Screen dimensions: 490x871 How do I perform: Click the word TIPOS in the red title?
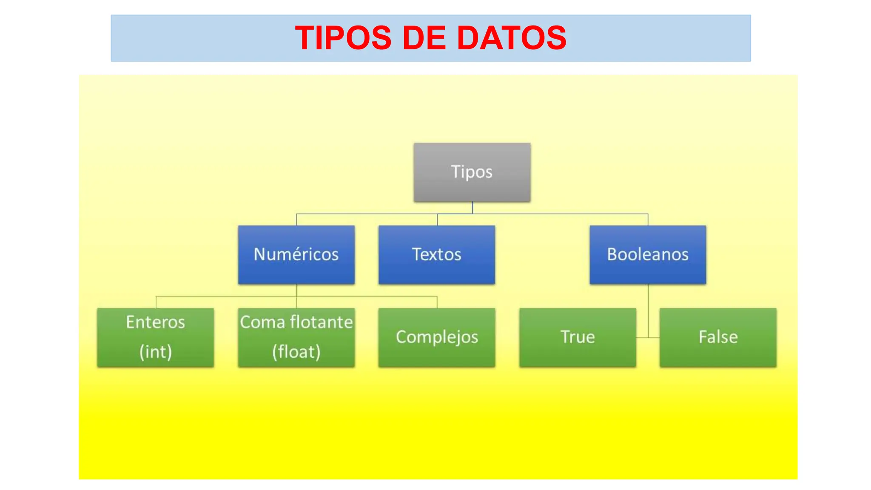[x=343, y=38]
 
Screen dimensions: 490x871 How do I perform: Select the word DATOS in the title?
[x=511, y=38]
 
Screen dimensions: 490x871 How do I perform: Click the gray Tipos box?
[x=472, y=172]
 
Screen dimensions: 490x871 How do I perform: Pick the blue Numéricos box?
[x=296, y=254]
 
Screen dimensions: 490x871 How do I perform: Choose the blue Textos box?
[x=436, y=254]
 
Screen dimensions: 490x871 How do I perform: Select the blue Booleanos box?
[x=647, y=254]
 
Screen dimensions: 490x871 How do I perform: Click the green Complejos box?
[x=436, y=337]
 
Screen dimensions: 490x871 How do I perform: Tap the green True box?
[x=577, y=337]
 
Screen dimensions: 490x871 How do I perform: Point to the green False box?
[x=718, y=337]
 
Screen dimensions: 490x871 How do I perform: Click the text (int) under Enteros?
[x=156, y=352]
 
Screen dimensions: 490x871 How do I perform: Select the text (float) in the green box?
[x=296, y=352]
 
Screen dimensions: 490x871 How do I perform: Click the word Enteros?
[x=156, y=322]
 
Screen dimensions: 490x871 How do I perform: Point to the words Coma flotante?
[x=296, y=322]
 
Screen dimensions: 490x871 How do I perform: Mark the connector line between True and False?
[x=648, y=337]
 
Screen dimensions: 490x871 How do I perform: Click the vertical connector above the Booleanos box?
[x=648, y=219]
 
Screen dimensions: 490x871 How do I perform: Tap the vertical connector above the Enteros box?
[x=156, y=302]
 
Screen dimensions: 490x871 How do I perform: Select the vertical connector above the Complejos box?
[x=437, y=302]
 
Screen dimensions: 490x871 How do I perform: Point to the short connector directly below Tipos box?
[x=472, y=208]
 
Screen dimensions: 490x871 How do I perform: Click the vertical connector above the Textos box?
[x=437, y=219]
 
